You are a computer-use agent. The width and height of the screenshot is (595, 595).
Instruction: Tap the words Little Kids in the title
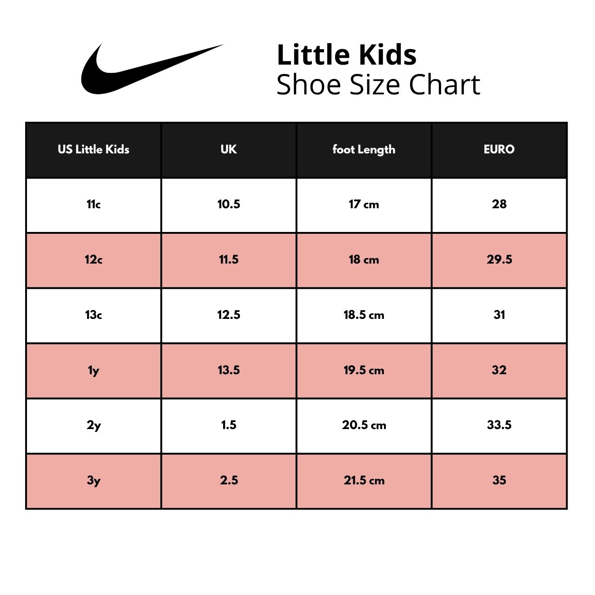(x=347, y=55)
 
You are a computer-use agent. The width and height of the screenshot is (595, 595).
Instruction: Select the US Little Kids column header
(x=93, y=149)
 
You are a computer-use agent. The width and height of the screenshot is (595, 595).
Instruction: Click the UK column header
(x=229, y=149)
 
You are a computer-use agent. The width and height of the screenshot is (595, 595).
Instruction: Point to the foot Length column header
(x=364, y=150)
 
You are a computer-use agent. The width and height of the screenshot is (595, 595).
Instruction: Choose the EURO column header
(x=499, y=149)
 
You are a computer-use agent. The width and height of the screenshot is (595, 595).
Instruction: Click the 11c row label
(x=93, y=204)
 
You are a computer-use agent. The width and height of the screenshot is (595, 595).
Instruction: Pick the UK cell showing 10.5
(x=229, y=204)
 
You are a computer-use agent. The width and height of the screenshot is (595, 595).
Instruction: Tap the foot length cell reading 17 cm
(x=364, y=204)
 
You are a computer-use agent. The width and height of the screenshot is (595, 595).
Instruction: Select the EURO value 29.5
(x=499, y=259)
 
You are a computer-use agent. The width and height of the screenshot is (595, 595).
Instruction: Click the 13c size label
(x=93, y=315)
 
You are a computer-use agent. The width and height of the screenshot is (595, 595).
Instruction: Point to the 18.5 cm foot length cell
(x=364, y=315)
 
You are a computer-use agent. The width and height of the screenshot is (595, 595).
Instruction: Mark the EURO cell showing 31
(x=499, y=315)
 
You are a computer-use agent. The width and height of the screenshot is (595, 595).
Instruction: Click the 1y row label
(x=93, y=370)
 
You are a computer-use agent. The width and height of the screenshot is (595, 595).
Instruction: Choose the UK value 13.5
(x=229, y=370)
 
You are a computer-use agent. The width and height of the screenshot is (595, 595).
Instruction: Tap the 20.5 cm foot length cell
(x=364, y=425)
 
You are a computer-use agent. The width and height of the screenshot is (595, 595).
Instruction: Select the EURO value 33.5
(x=499, y=425)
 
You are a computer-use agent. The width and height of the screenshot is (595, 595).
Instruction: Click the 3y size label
(x=93, y=481)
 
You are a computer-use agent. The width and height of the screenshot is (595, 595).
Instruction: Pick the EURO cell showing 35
(x=499, y=480)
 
